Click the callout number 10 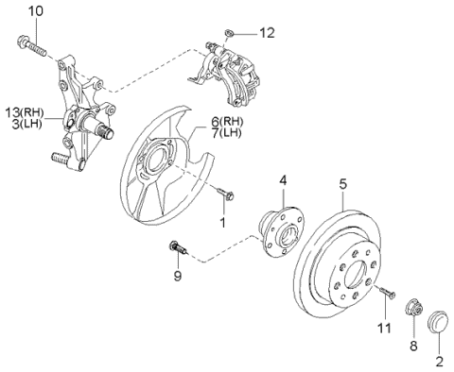[36, 11]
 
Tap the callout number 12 [267, 33]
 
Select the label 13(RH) [25, 112]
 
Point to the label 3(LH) [27, 124]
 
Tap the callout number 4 [283, 180]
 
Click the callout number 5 [343, 184]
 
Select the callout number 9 [178, 276]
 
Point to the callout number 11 [385, 329]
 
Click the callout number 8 [413, 346]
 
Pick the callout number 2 [440, 362]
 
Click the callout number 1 [223, 223]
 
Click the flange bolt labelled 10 [31, 46]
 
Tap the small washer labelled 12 [229, 32]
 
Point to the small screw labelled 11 [388, 292]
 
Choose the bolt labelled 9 [178, 246]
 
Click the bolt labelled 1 [225, 194]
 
